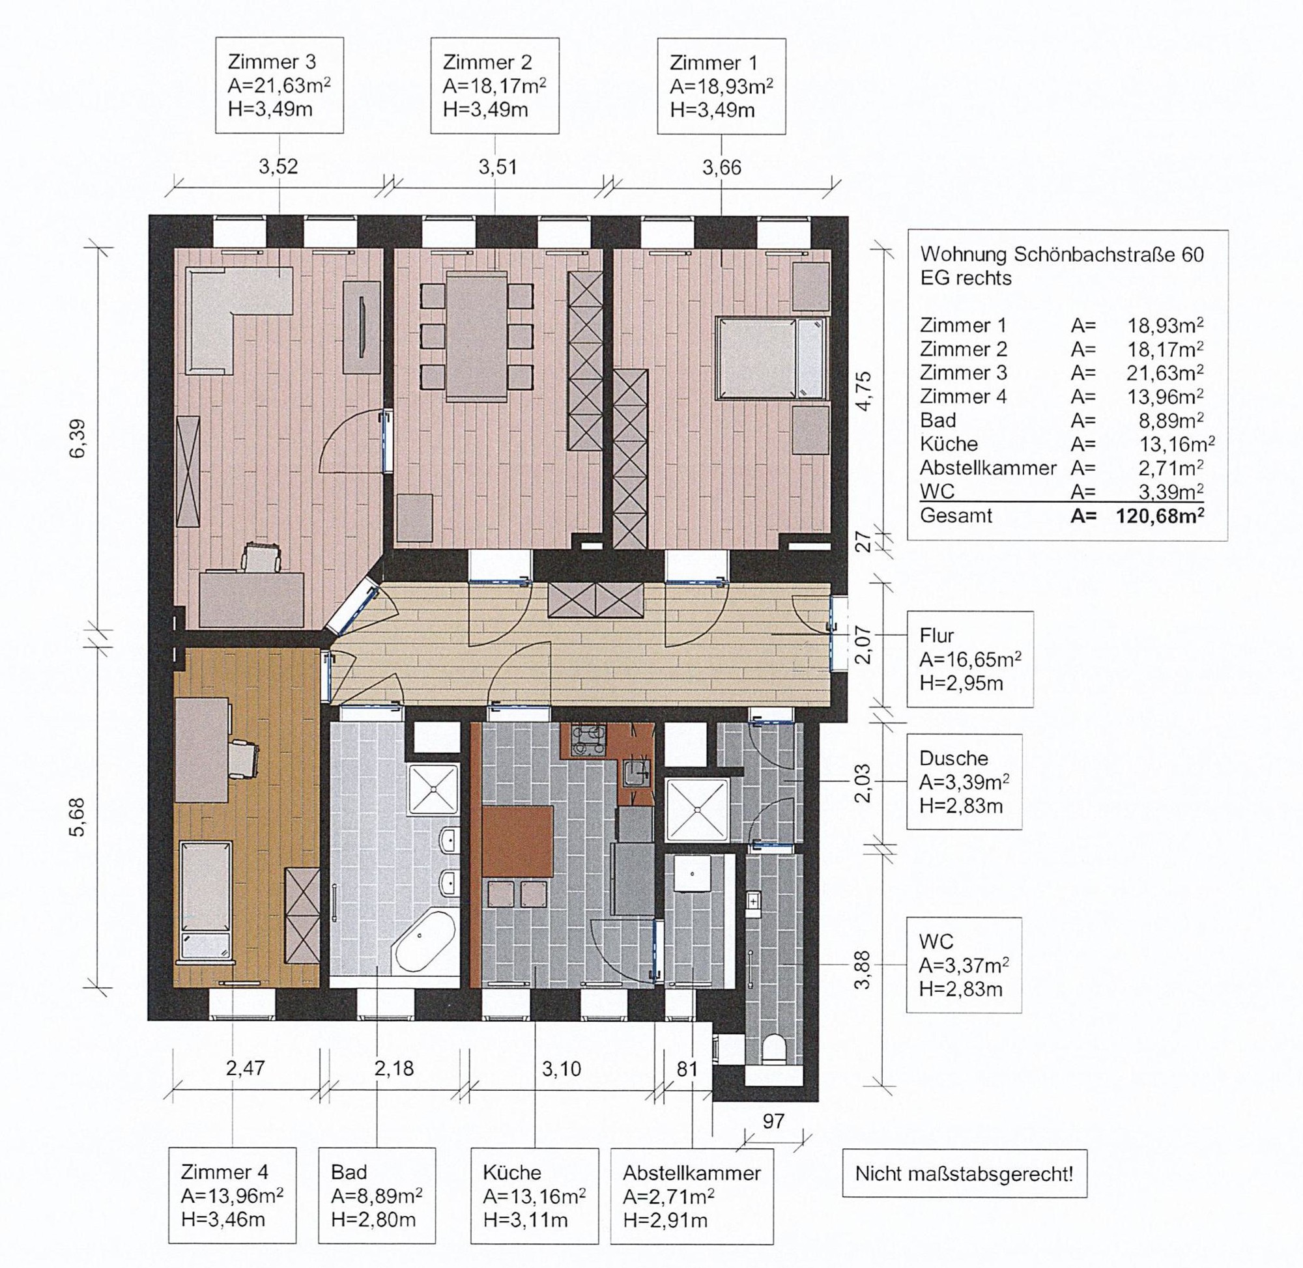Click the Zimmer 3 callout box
(x=279, y=85)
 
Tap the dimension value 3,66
(x=721, y=167)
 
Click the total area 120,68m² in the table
(x=1160, y=515)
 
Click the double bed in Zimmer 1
(x=771, y=358)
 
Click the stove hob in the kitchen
(x=588, y=739)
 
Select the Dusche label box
(x=964, y=782)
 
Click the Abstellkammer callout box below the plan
(x=691, y=1196)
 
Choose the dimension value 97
(x=773, y=1121)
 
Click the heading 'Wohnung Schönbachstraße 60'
(x=1062, y=255)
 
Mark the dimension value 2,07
(x=863, y=647)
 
